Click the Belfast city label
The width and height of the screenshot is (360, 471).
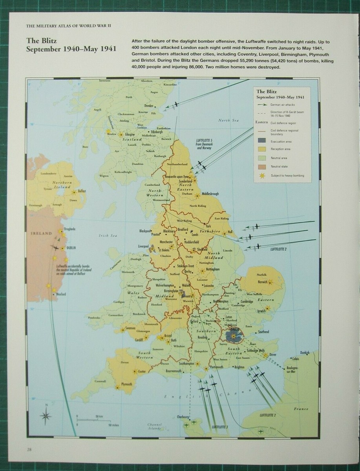(x=82, y=191)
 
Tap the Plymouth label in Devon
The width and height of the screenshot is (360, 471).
(x=126, y=384)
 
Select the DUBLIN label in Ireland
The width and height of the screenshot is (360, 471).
(x=71, y=248)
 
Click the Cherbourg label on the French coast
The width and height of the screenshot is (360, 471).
(x=183, y=417)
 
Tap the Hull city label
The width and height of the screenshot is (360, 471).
(x=230, y=232)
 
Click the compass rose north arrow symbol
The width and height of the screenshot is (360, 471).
(x=46, y=414)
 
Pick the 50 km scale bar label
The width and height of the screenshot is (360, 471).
(x=99, y=416)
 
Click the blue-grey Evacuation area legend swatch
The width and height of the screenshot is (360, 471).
(x=262, y=141)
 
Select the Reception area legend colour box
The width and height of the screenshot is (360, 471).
(x=262, y=149)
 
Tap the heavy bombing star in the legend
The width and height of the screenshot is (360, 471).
(x=262, y=175)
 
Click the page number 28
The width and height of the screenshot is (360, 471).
(x=29, y=449)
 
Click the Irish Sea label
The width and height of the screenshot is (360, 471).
(x=108, y=235)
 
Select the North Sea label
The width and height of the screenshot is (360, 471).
(x=228, y=120)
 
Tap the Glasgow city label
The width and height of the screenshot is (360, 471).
(x=130, y=134)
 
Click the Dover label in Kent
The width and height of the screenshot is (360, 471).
(x=273, y=354)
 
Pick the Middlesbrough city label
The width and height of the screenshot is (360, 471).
(x=210, y=194)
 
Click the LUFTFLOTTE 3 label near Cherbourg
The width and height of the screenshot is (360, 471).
(x=220, y=427)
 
